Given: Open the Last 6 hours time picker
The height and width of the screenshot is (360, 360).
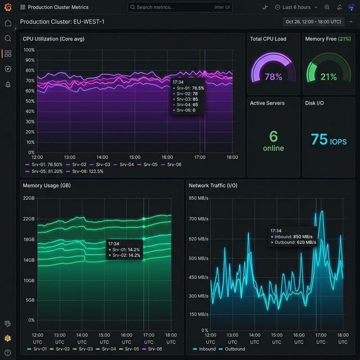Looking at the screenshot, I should (x=292, y=7).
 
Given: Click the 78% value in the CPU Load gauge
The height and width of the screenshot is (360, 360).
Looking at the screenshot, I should (x=273, y=76).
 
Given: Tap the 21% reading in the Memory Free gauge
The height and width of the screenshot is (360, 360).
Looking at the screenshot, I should (x=328, y=76).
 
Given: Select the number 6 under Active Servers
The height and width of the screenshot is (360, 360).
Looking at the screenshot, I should (x=273, y=137).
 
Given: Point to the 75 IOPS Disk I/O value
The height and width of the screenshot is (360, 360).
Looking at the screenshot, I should (x=328, y=139).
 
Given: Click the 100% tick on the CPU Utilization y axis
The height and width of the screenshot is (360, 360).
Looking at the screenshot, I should (x=29, y=50).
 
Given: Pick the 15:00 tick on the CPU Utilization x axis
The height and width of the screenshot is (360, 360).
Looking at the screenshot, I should (x=134, y=157).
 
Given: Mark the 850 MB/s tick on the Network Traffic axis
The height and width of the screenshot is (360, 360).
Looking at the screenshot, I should (x=199, y=198).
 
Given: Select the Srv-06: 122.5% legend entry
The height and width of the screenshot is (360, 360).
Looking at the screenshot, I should (x=84, y=171).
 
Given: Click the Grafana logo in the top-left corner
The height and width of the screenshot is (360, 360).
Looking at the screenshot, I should (x=7, y=7).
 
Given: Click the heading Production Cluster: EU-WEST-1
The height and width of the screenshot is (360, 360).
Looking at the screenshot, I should (x=62, y=21).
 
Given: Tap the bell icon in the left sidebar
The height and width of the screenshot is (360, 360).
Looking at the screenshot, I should (x=8, y=84).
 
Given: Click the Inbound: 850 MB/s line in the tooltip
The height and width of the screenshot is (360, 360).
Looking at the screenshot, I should (x=293, y=236).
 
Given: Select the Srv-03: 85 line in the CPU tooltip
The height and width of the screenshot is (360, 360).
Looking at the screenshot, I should (x=188, y=99).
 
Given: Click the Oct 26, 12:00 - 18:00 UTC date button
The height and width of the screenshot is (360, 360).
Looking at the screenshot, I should (x=313, y=21).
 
